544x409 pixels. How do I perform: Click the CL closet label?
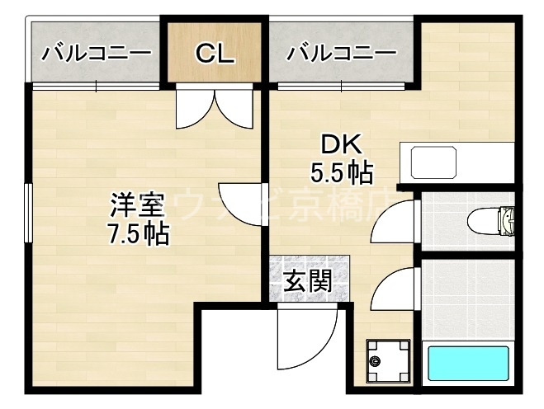point(215,54)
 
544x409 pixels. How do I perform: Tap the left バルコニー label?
point(97,54)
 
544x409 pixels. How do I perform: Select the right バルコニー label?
point(341,54)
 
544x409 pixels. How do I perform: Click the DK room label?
point(341,145)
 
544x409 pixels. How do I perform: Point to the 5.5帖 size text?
point(341,173)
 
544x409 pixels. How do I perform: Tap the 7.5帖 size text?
point(137,234)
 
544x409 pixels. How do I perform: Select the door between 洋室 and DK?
point(243,206)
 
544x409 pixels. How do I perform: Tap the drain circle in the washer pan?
point(376,361)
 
